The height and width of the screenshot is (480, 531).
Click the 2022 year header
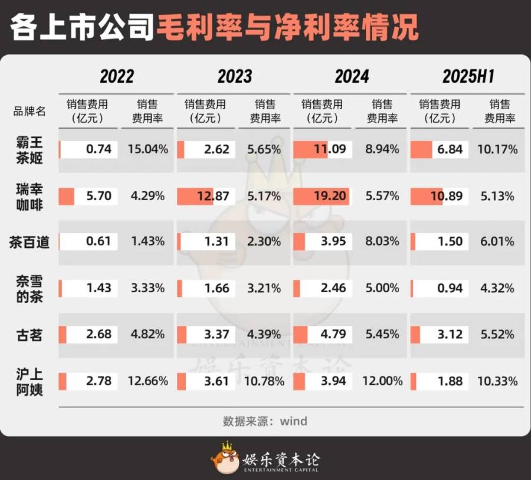pos(116,76)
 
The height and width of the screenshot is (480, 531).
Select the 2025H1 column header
pos(468,76)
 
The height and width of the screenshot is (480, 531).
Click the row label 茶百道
pos(29,241)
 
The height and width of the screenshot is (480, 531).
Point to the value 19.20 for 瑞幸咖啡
pos(330,196)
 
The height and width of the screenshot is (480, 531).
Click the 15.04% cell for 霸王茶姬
pos(147,149)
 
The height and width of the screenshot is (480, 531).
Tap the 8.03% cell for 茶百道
pos(382,241)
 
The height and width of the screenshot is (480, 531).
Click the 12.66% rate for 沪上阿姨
pos(147,381)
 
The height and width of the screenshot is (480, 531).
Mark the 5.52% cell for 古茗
pos(499,335)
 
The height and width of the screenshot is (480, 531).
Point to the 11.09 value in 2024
pos(330,149)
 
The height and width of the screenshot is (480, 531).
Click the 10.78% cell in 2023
pos(264,381)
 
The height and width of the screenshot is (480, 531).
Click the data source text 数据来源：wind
pos(265,421)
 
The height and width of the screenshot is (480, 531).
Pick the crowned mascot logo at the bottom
pos(225,458)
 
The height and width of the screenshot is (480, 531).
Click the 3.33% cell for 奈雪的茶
pos(147,289)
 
